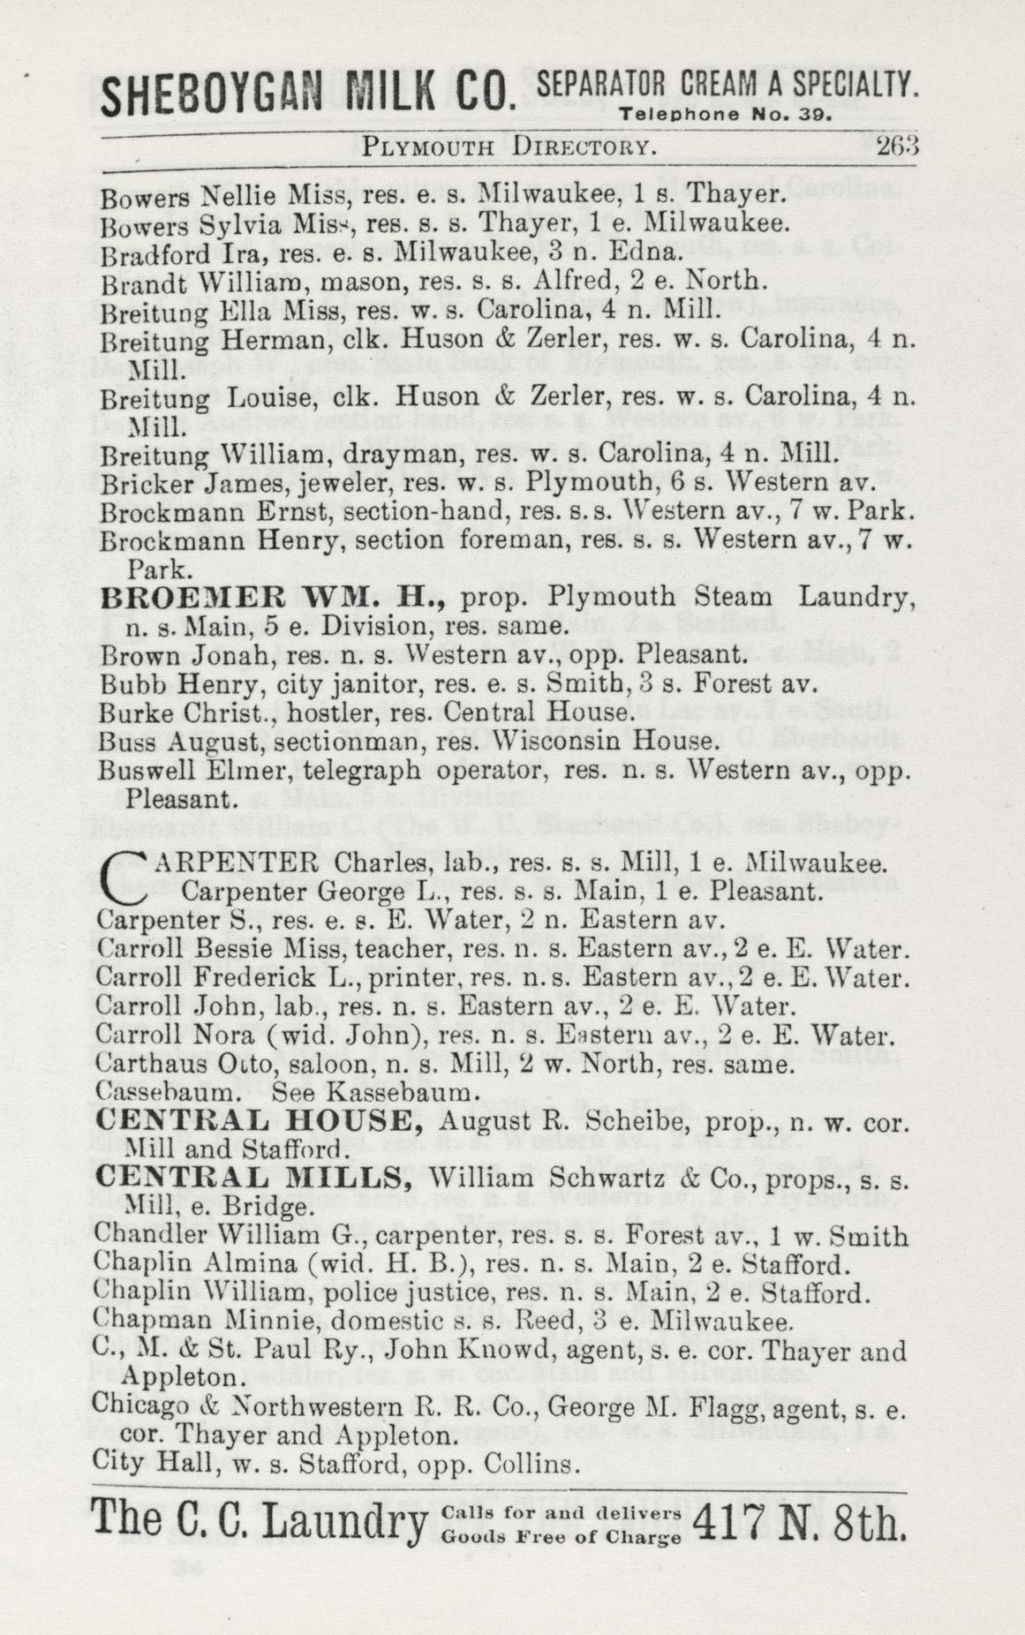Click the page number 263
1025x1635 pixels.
tap(898, 146)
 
